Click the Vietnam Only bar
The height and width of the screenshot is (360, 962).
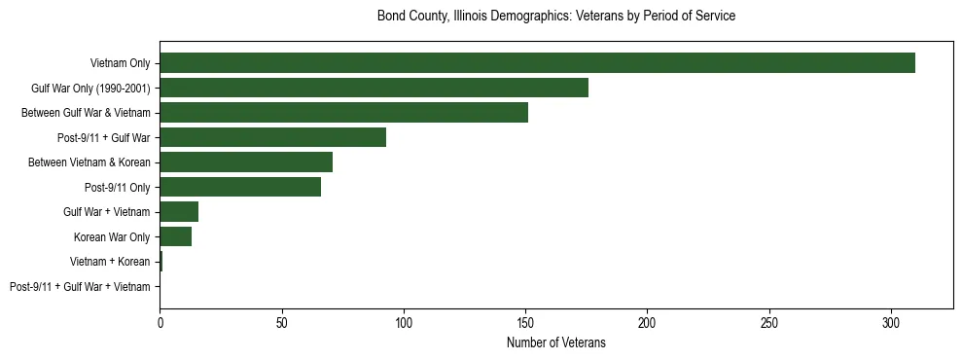click(537, 63)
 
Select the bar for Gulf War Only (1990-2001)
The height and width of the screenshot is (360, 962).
click(374, 88)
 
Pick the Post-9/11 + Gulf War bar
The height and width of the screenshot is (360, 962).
click(272, 137)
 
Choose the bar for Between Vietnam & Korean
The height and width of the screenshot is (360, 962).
click(246, 162)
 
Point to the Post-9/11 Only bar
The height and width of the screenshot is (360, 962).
click(240, 187)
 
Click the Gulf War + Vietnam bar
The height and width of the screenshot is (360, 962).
click(179, 212)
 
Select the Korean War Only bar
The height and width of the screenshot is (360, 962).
click(175, 236)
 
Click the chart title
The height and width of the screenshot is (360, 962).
click(556, 17)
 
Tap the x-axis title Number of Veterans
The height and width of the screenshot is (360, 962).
click(556, 342)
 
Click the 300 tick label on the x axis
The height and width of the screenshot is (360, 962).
click(891, 322)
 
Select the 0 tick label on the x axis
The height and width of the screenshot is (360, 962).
click(160, 322)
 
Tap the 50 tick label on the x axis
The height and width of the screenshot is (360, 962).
click(281, 322)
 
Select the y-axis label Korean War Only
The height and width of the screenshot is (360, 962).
click(112, 237)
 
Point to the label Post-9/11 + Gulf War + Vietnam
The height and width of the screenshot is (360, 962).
click(80, 287)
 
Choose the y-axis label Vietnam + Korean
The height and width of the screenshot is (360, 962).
click(110, 262)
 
